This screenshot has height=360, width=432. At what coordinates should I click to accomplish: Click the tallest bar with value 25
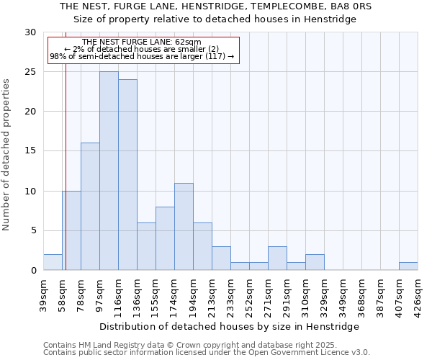pos(109,171)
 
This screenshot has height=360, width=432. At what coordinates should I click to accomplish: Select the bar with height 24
pos(127,175)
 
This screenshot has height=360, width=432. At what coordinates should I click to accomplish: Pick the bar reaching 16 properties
pos(90,207)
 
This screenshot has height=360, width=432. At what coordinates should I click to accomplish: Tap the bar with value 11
pos(184,227)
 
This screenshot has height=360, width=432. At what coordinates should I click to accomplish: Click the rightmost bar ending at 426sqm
pos(408,266)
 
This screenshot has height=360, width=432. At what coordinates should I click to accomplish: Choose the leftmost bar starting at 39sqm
pos(53,262)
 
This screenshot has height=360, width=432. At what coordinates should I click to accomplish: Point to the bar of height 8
pos(165,238)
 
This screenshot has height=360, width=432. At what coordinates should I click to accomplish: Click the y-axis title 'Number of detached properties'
pos(6,155)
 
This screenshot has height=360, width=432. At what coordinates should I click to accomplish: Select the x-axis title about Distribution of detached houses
pos(230,326)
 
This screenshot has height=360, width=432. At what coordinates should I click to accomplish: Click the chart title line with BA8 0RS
pos(216,6)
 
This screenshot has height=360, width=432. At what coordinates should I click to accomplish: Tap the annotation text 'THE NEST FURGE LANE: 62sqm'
pos(142,42)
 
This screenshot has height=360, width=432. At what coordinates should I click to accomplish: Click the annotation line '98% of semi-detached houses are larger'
pos(142,56)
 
